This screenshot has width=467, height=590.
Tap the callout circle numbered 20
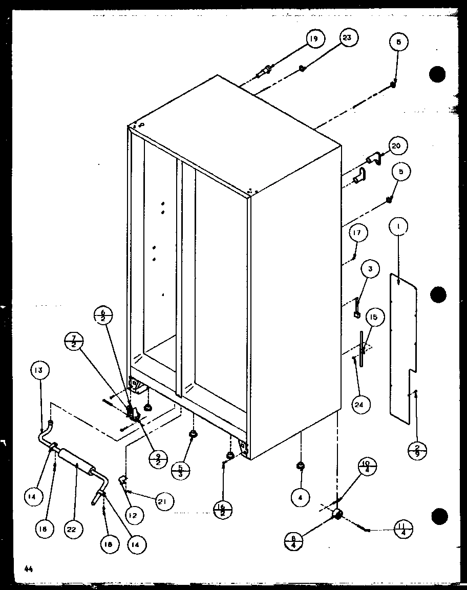point(396,146)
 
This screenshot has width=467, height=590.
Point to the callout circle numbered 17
point(358,234)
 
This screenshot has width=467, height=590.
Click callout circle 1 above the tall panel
point(399,225)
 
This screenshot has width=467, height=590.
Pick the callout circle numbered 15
point(373,318)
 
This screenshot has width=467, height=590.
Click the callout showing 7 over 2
point(75,340)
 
